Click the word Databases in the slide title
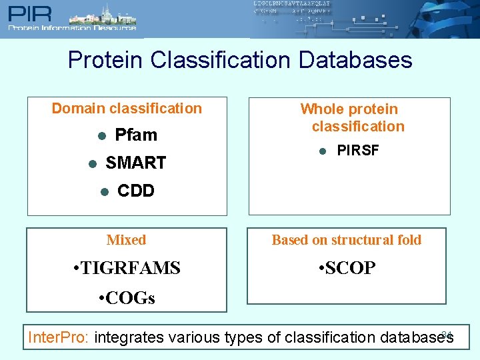point(355,60)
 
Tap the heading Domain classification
point(127,109)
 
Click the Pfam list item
point(136,135)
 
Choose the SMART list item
point(136,163)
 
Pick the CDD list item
point(136,191)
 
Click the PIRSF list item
point(358,151)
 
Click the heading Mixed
point(126,240)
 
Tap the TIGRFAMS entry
point(127,268)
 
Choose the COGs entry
point(127,298)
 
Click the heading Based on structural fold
point(347,240)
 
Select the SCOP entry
point(347,268)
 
